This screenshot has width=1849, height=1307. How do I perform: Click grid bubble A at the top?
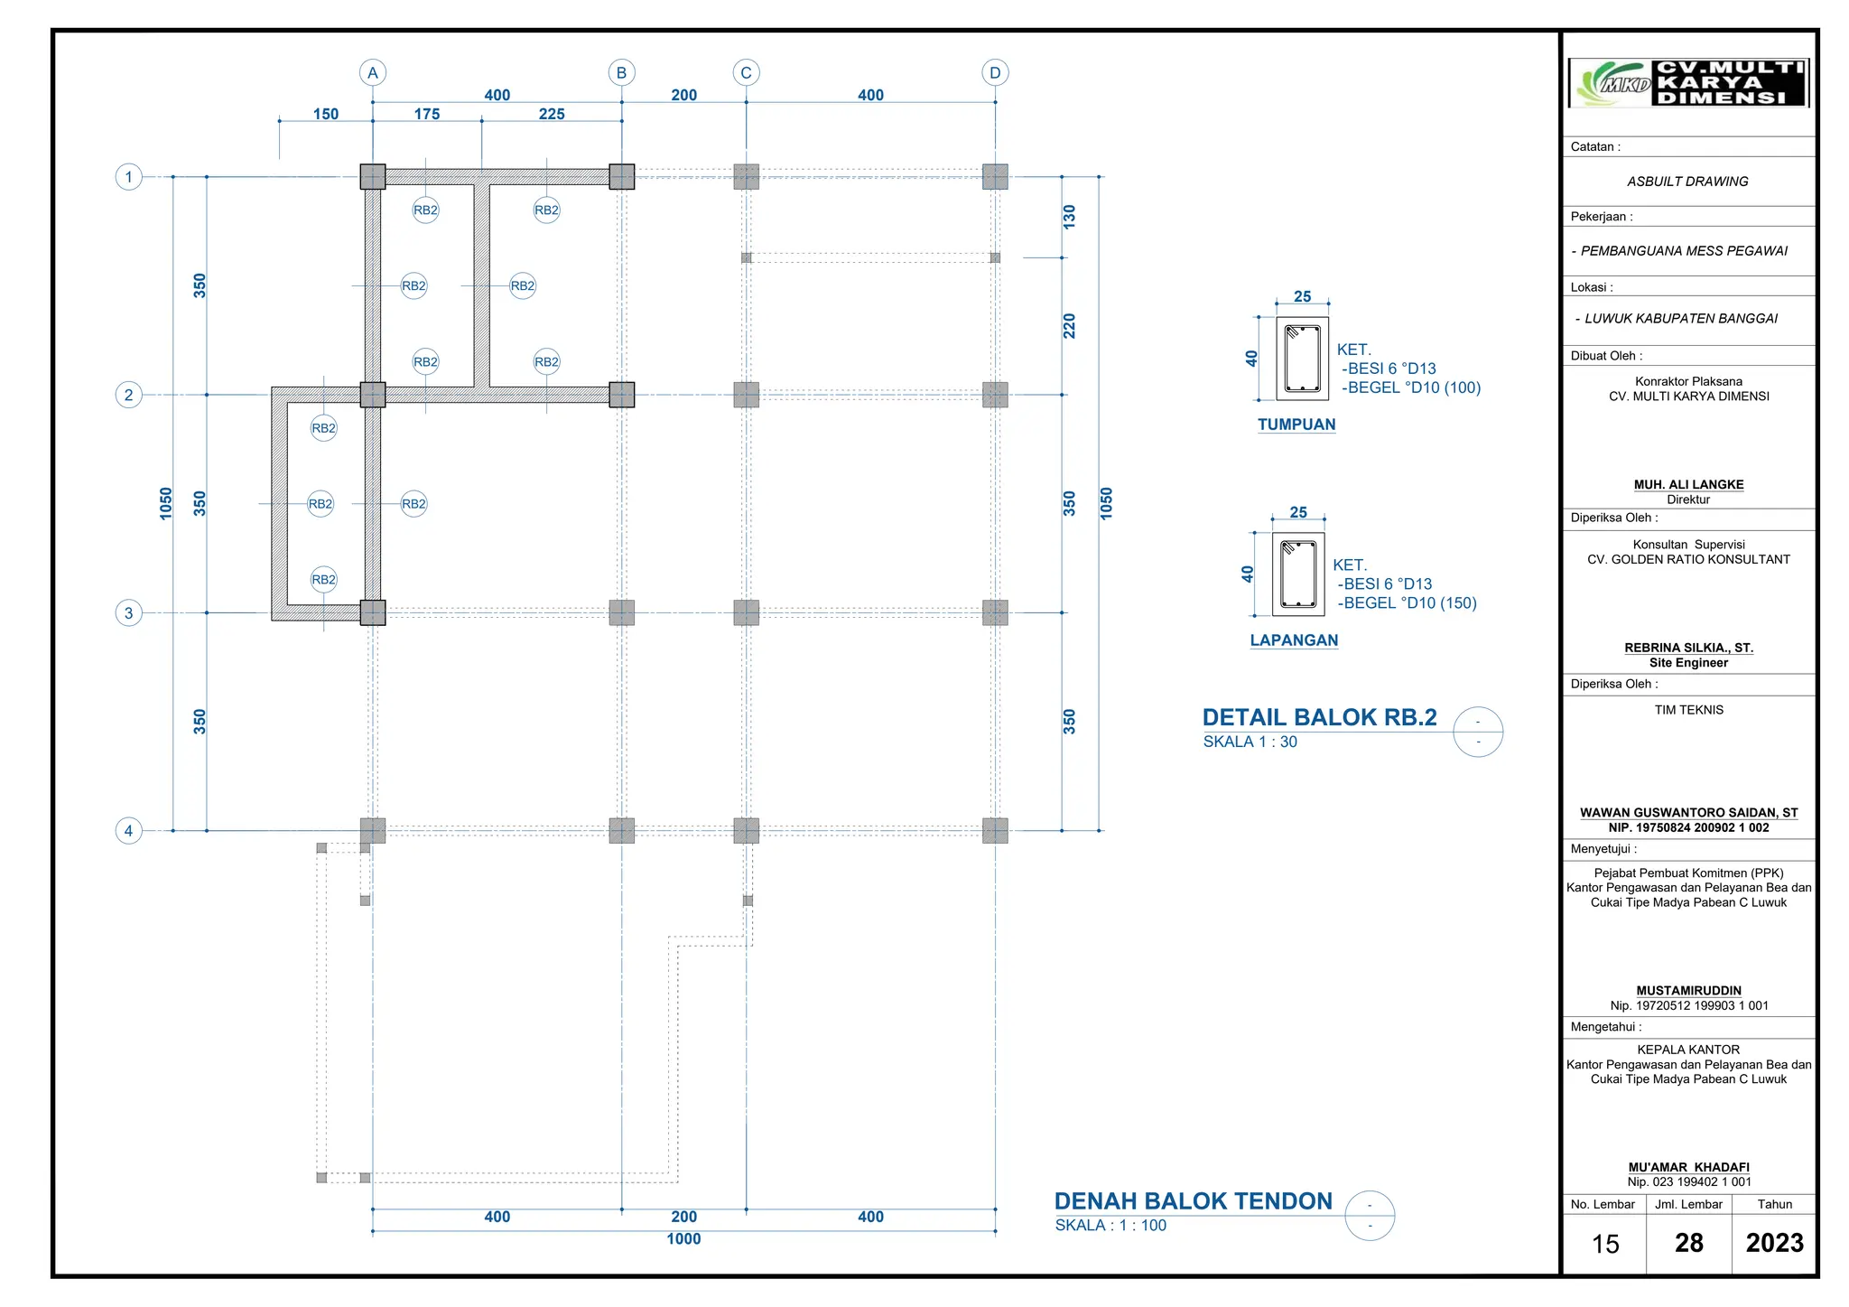point(372,72)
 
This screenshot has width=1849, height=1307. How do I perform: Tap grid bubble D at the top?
point(995,72)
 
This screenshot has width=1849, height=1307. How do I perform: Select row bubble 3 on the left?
point(128,613)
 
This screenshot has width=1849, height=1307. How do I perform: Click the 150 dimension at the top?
point(326,114)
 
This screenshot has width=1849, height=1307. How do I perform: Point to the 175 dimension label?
point(427,114)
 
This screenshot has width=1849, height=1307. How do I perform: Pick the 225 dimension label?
point(552,114)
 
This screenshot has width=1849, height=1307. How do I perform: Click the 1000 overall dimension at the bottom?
point(683,1239)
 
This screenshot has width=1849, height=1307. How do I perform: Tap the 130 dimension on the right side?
point(1070,217)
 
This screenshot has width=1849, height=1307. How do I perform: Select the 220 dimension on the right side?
point(1070,326)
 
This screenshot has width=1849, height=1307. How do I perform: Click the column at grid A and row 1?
point(373,176)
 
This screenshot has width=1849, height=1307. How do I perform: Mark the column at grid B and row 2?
point(622,395)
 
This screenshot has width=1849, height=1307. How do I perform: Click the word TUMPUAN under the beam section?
point(1296,425)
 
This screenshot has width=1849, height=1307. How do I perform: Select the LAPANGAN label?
point(1294,640)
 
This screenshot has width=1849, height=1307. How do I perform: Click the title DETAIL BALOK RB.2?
point(1319,717)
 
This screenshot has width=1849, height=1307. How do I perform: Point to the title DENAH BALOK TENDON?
point(1193,1201)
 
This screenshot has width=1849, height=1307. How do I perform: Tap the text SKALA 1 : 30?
point(1250,742)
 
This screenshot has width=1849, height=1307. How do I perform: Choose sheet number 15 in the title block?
point(1605,1244)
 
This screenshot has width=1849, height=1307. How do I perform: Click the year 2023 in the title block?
point(1774,1243)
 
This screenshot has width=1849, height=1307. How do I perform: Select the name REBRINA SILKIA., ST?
point(1688,648)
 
